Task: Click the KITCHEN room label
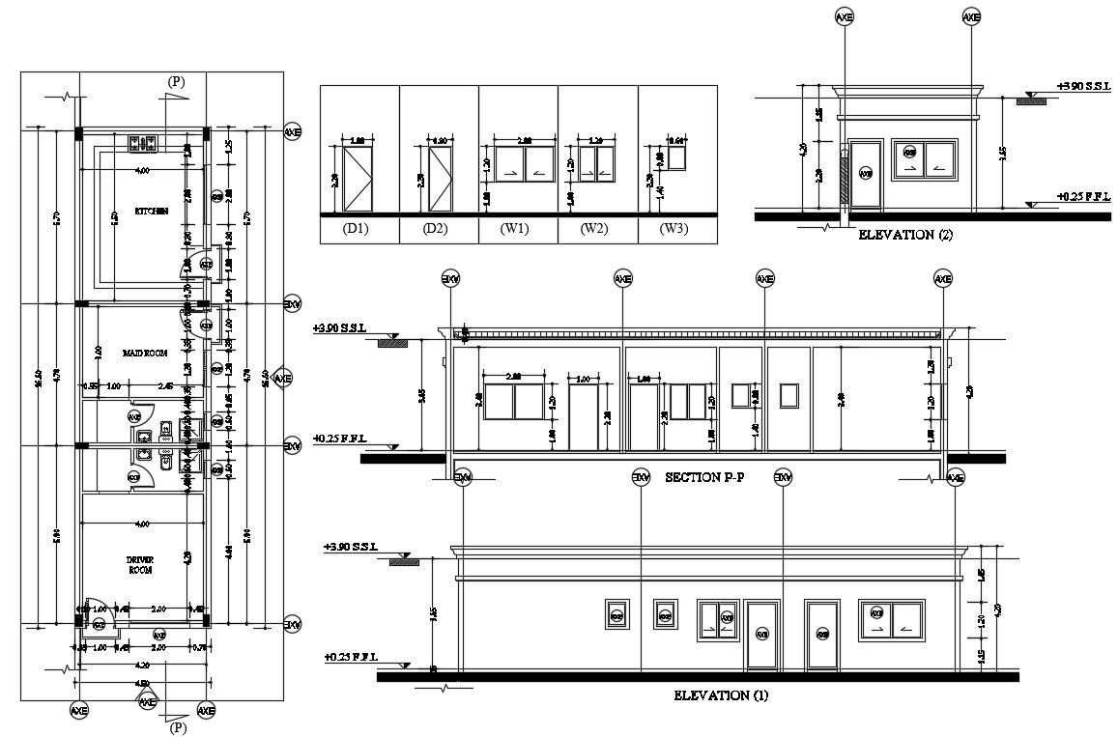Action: tap(152, 211)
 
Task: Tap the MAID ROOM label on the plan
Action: tap(145, 354)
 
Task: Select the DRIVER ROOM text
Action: tap(141, 565)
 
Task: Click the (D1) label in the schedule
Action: tap(358, 230)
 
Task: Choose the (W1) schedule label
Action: tap(517, 230)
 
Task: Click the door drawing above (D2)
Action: tap(440, 179)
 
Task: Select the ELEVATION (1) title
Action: tap(719, 694)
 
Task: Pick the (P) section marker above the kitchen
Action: tap(176, 82)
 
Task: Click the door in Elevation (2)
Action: tap(865, 174)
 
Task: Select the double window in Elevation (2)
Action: tap(926, 159)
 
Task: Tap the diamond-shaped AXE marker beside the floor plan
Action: tap(282, 379)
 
